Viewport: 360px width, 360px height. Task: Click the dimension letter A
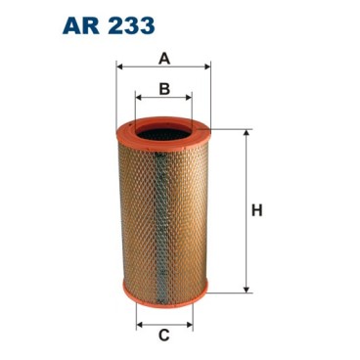[164, 58]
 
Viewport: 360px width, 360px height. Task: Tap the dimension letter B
[164, 88]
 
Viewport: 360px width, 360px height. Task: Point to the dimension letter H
[257, 209]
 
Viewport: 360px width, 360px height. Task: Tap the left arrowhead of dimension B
[138, 99]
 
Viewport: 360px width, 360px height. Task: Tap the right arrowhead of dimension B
[189, 99]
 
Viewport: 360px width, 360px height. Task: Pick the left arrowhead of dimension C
[138, 324]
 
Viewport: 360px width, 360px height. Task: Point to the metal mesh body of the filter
[163, 210]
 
